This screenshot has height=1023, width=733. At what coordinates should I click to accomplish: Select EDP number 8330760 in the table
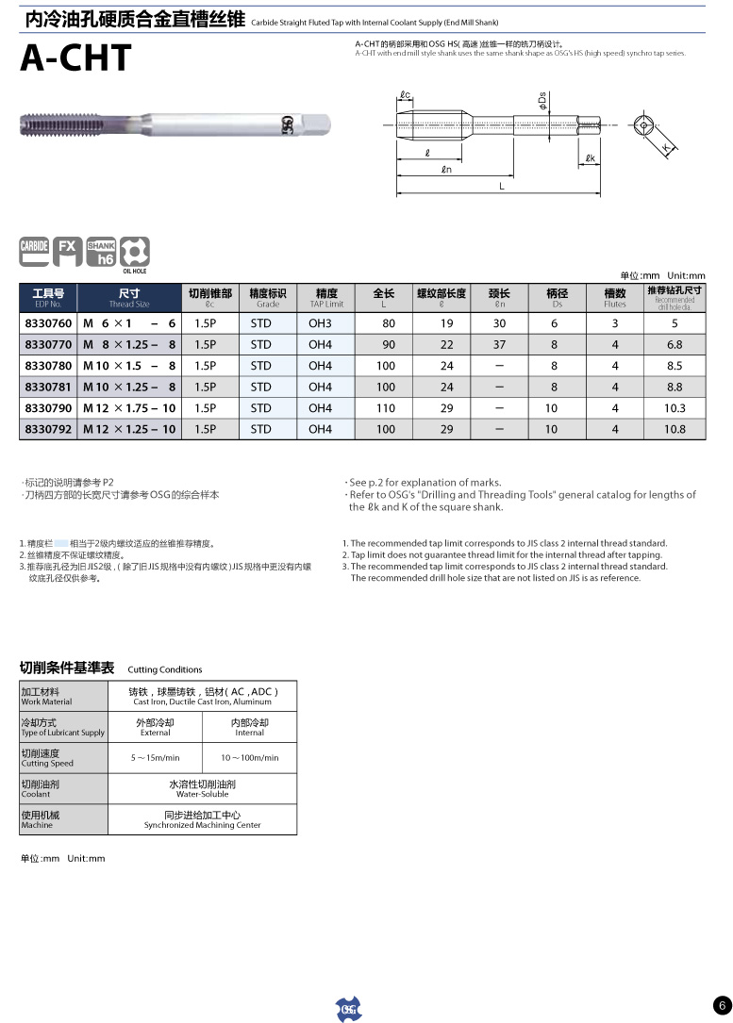pyautogui.click(x=48, y=323)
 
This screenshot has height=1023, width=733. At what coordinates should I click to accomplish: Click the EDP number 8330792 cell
pyautogui.click(x=48, y=429)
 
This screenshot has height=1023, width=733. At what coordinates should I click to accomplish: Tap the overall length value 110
pyautogui.click(x=386, y=408)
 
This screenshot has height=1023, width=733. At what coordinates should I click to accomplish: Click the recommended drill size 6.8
pyautogui.click(x=675, y=344)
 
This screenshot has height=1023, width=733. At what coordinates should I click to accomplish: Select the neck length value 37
pyautogui.click(x=499, y=344)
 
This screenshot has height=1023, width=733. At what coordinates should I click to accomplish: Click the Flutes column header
pyautogui.click(x=615, y=298)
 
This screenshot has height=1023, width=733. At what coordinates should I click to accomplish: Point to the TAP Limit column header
pyautogui.click(x=326, y=298)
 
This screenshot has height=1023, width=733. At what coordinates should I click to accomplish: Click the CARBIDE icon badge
pyautogui.click(x=34, y=250)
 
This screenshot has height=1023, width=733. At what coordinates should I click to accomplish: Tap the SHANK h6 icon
pyautogui.click(x=101, y=251)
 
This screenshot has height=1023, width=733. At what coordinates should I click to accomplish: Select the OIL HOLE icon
pyautogui.click(x=135, y=253)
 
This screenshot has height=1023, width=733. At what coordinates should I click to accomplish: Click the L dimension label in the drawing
pyautogui.click(x=502, y=187)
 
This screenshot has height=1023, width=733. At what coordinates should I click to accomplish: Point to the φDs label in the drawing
pyautogui.click(x=543, y=98)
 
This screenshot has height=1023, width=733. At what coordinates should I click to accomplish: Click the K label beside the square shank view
pyautogui.click(x=666, y=148)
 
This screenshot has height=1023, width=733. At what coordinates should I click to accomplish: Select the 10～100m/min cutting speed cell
pyautogui.click(x=250, y=757)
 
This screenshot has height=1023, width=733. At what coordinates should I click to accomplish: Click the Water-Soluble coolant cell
pyautogui.click(x=203, y=788)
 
